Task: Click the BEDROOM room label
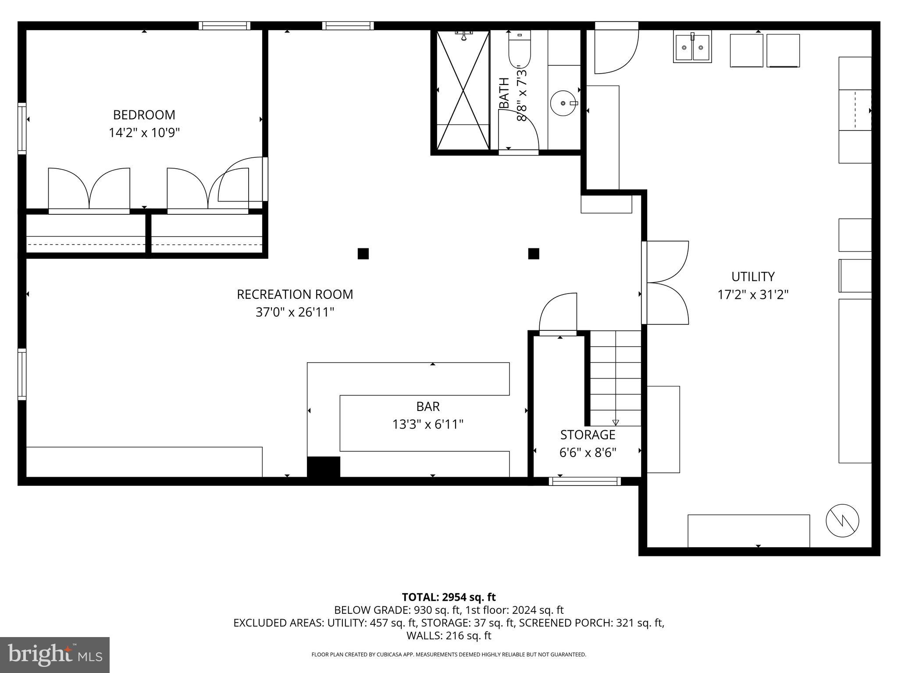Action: [144, 115]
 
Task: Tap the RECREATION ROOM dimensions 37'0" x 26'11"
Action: [295, 312]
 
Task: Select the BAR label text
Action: [428, 407]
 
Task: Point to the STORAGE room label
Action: [588, 435]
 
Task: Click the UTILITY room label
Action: [752, 276]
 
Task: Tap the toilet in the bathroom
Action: [520, 53]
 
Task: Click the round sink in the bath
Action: [563, 103]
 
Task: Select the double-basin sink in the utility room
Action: [692, 47]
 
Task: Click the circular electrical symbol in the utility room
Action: [842, 521]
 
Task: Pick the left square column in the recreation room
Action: [363, 254]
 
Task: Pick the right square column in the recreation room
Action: [533, 254]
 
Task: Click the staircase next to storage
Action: [616, 378]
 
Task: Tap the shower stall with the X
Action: [463, 90]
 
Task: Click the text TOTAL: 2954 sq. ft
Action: [449, 597]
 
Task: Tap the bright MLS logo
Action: [55, 655]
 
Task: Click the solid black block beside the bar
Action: [323, 467]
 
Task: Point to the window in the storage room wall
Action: [584, 481]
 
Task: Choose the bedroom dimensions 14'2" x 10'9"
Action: [144, 133]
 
